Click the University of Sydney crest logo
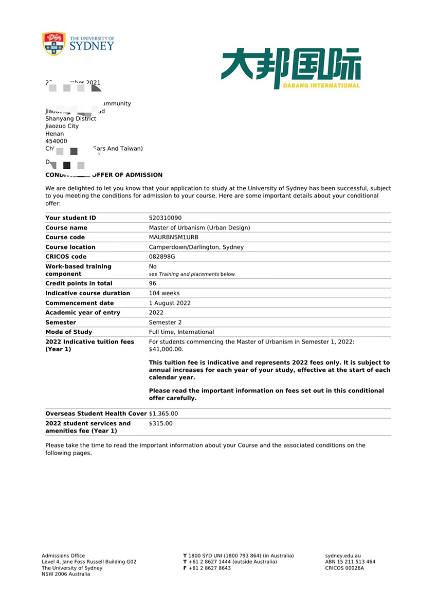tap(54, 44)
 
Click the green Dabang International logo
tap(291, 68)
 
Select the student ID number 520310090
tap(166, 218)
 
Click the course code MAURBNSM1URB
tap(173, 238)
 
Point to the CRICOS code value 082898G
tap(162, 257)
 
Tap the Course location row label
tap(70, 247)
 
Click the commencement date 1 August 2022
tap(170, 303)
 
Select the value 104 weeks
tap(164, 294)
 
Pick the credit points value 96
tap(153, 284)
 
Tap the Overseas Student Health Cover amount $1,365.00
tap(163, 414)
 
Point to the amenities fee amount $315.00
tap(160, 424)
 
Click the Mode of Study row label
tap(69, 332)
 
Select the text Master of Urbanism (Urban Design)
tap(199, 228)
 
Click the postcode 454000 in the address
tap(56, 141)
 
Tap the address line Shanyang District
tap(70, 119)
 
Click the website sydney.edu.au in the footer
tap(343, 556)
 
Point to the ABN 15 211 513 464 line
tap(350, 562)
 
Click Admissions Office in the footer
tap(63, 556)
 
